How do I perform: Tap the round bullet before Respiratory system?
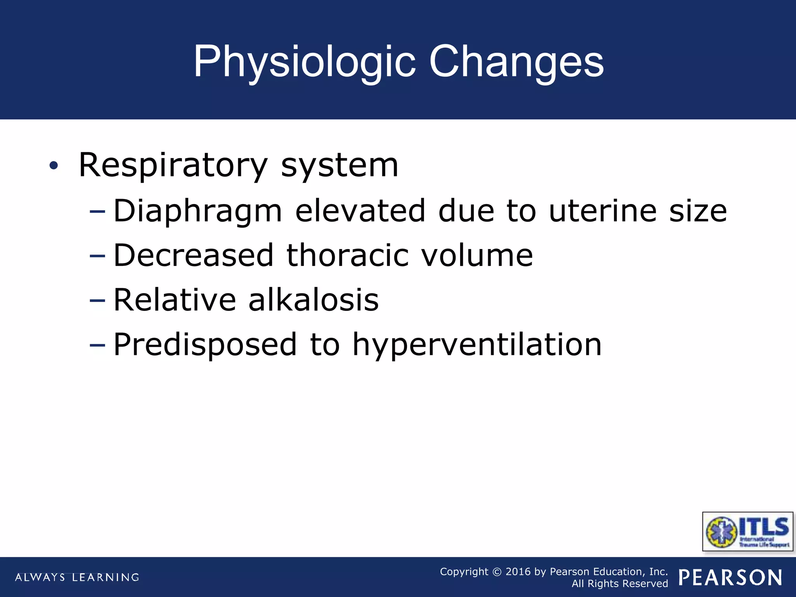pos(54,166)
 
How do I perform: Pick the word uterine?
pos(602,211)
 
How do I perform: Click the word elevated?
pos(360,211)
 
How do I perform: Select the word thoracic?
pos(347,255)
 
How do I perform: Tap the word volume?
pos(477,255)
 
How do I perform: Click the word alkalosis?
pos(313,300)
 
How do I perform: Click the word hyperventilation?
pos(477,345)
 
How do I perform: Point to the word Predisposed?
pos(205,345)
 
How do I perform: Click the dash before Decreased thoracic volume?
pos(97,256)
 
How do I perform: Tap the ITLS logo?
pos(747,531)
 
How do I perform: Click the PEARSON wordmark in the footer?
pos(730,578)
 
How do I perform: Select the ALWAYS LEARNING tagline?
pos(77,577)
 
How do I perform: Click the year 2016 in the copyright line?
pos(518,571)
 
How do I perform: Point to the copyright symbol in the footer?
pos(497,572)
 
